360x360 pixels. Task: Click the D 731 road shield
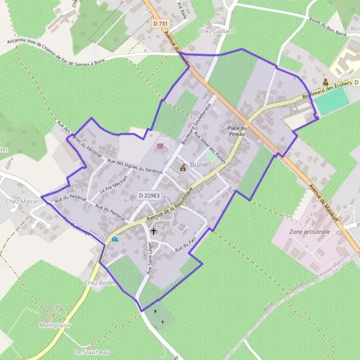pos(159,23)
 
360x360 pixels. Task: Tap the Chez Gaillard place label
pos(215,31)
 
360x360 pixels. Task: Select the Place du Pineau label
pos(238,131)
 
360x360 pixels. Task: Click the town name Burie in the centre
pos(199,164)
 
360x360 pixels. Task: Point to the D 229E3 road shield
pos(149,195)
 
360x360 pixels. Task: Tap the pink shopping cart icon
pos(160,146)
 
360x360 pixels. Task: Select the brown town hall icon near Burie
pos(183,168)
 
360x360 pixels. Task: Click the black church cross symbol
pos(154,230)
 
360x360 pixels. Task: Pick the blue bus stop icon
pos(115,238)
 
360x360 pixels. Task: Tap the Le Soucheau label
pos(90,351)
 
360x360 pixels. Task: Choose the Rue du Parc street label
pos(186,245)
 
